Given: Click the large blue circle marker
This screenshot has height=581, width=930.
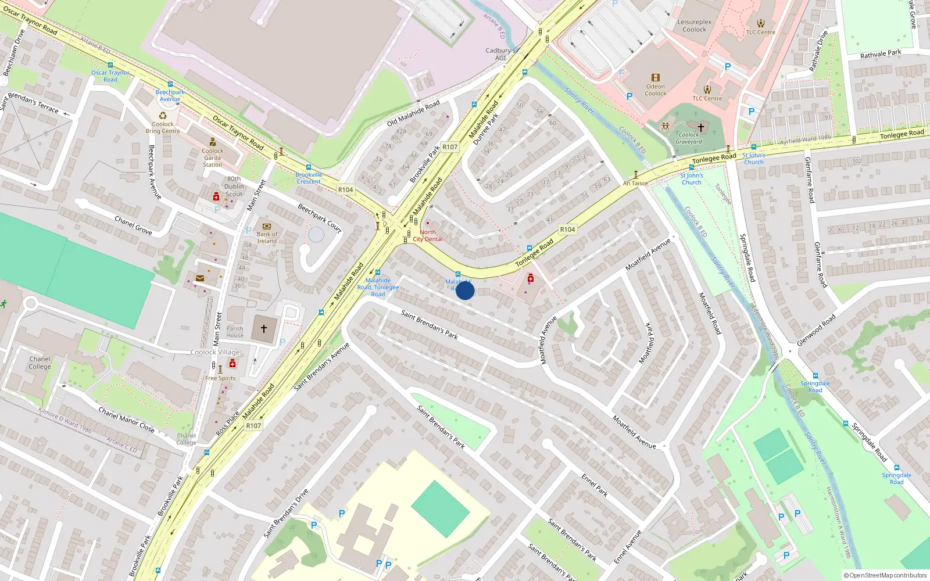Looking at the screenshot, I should point(464,290).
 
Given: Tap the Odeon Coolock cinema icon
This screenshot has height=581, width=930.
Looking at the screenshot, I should point(656,78).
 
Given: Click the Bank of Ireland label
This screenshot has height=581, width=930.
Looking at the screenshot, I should point(267,238).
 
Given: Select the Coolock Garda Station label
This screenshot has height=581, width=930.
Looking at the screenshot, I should point(212,157).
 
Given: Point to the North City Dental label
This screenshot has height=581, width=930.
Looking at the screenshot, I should point(428,235).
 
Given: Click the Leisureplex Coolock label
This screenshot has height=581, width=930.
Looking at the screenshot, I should point(694,26).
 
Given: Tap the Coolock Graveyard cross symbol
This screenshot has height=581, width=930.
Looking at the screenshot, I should point(701,127).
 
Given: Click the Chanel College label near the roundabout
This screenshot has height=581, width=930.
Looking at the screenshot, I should point(40,363).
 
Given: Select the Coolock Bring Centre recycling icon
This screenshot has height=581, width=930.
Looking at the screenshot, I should point(163,115).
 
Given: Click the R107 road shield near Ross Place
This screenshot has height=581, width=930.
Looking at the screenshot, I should point(253,426).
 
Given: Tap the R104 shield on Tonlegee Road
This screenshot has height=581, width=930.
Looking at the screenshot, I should point(567,229).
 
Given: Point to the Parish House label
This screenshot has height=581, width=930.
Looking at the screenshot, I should point(235,332).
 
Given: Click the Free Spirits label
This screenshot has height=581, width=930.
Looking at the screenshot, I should point(220,378).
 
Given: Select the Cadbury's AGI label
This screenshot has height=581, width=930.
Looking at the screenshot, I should point(500,54).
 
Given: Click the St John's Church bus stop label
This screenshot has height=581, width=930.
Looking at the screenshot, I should point(753,159).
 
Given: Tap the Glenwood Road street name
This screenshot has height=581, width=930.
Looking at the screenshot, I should point(816,331).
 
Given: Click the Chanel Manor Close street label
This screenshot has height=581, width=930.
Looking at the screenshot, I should point(126,419).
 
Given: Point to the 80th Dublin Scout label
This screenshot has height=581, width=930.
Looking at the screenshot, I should point(234,187).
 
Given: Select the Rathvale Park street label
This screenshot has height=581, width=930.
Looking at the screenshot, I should point(881,53).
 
